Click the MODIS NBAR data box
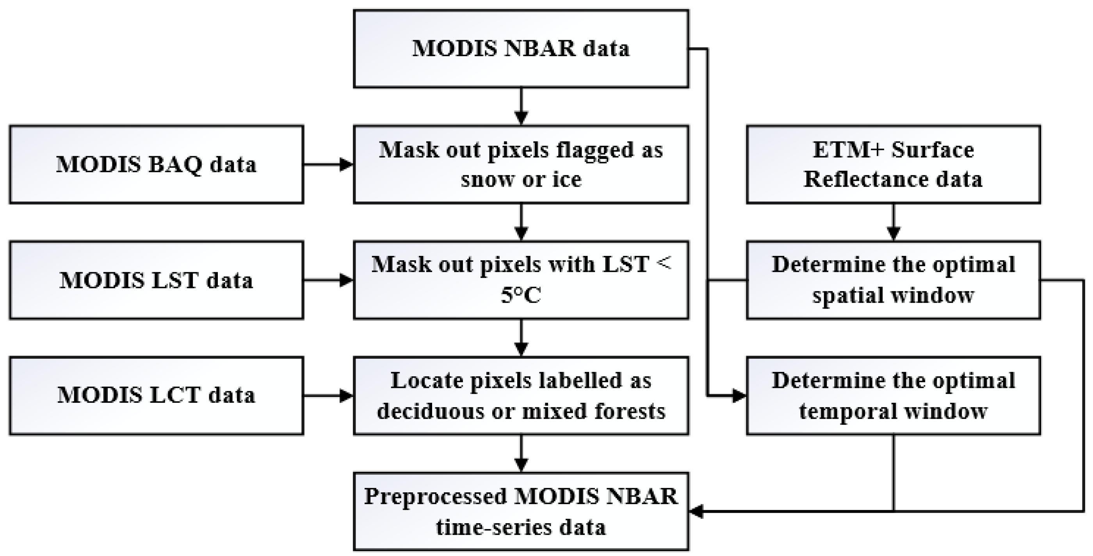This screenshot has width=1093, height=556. tap(521, 49)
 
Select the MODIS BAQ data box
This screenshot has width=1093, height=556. tap(156, 164)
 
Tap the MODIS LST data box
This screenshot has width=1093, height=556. tap(156, 280)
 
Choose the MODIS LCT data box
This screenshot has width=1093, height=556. tap(156, 395)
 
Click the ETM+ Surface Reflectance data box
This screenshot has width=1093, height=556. tap(893, 164)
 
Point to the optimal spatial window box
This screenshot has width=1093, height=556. tap(893, 280)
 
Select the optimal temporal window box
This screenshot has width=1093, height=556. tap(893, 395)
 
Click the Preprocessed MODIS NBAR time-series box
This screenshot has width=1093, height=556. tap(521, 511)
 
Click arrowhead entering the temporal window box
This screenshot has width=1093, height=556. tap(739, 396)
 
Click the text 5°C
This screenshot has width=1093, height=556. tap(521, 295)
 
